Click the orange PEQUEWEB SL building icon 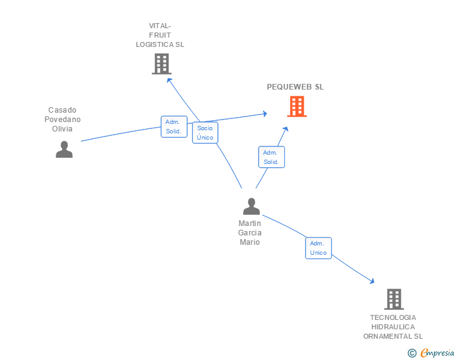(297, 106)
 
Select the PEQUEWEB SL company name (295, 87)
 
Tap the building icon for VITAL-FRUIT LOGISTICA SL (162, 64)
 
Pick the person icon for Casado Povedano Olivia (65, 149)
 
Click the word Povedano (63, 120)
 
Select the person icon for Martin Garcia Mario (252, 206)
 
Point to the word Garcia (250, 233)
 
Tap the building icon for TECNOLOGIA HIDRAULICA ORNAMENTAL (394, 299)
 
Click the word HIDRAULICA (393, 327)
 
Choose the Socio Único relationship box (205, 133)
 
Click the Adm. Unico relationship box (318, 248)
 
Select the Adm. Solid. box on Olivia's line (174, 126)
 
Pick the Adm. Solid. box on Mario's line (271, 157)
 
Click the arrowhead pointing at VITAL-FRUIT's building (169, 80)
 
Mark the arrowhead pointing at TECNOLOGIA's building (371, 281)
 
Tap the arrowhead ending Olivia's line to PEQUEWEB (264, 114)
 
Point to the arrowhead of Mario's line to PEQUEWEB (286, 129)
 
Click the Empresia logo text (437, 352)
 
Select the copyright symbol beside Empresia (412, 353)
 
